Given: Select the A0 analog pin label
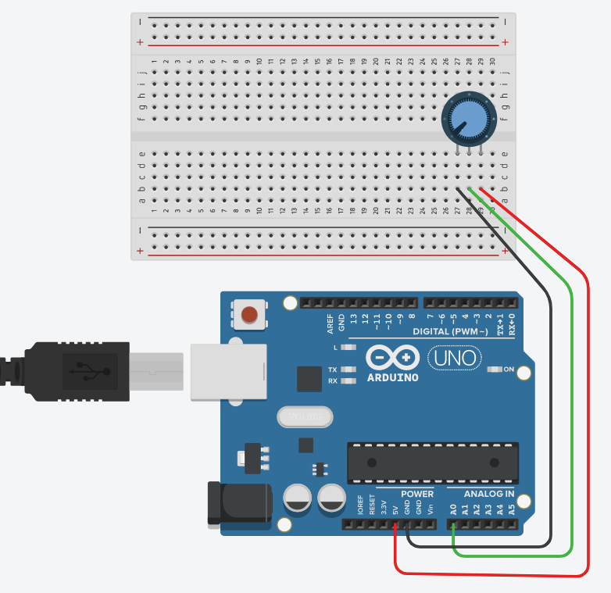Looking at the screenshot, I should click(453, 509).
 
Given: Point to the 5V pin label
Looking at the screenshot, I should click(395, 510).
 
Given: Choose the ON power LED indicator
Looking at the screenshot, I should click(495, 369).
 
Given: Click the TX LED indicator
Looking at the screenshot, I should click(349, 369).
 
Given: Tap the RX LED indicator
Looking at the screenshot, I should click(349, 380).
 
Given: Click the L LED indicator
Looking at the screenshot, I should click(349, 346).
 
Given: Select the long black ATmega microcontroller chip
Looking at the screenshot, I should click(433, 463).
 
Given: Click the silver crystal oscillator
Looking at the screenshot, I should click(305, 418).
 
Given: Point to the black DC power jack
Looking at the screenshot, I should click(238, 504).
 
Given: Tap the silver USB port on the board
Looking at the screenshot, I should click(227, 371).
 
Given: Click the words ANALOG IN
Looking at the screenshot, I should click(489, 494).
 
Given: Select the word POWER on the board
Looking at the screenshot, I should click(417, 494).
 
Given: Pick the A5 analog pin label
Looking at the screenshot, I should click(512, 509).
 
